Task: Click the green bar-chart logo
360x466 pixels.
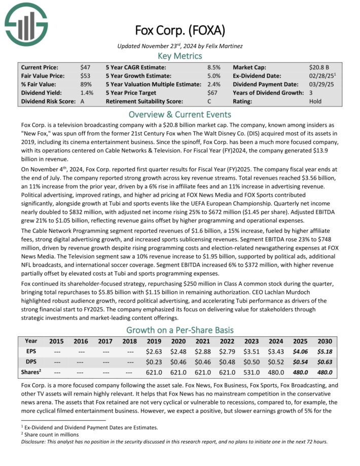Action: [x=26, y=23]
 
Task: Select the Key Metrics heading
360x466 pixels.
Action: [x=179, y=56]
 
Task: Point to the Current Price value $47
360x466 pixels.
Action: [x=86, y=67]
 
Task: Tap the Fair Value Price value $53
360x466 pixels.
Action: [x=86, y=76]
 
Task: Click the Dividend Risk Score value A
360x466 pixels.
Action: [x=83, y=101]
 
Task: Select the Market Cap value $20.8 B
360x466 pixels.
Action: [x=319, y=67]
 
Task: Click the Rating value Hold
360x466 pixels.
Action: [x=315, y=101]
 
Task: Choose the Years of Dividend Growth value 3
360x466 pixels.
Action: [x=311, y=93]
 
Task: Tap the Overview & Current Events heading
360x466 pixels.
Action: [x=179, y=114]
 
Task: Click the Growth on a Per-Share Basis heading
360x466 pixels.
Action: [x=179, y=329]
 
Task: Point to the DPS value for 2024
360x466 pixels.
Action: [x=275, y=362]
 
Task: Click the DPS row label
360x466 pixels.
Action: [x=30, y=362]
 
